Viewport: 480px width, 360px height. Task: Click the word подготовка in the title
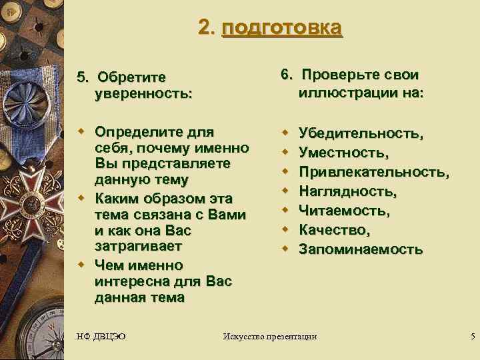point(282,28)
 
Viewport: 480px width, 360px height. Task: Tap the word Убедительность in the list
point(359,133)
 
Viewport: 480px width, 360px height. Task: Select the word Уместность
point(343,153)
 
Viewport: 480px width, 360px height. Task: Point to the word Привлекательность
point(373,172)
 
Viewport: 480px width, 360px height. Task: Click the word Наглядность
point(347,191)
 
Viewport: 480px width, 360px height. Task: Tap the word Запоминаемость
point(360,249)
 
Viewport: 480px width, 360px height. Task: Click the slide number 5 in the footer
point(472,336)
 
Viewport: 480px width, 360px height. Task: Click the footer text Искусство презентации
point(269,336)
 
